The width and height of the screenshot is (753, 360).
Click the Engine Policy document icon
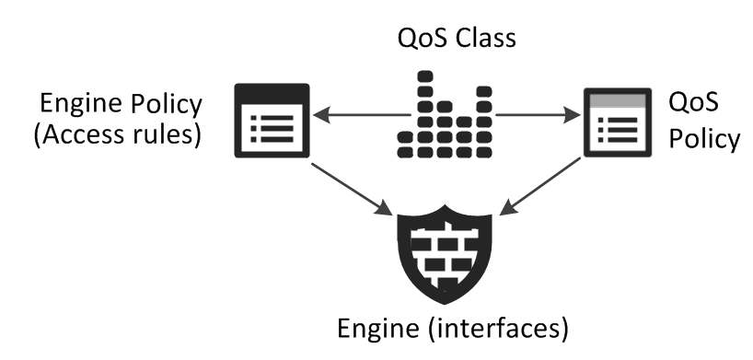(272, 121)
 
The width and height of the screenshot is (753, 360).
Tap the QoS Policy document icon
(618, 122)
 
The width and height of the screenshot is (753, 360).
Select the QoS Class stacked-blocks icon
(445, 114)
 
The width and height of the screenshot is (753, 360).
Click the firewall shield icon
(445, 254)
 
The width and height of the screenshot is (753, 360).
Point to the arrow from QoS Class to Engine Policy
(361, 115)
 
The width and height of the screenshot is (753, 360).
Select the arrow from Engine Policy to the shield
(352, 190)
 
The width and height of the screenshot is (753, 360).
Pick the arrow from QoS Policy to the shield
(540, 187)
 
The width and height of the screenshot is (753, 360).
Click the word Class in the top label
(485, 38)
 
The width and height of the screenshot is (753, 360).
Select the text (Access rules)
(117, 135)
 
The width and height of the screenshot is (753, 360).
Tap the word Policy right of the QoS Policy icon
(704, 140)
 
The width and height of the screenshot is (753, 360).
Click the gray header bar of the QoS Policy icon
(618, 100)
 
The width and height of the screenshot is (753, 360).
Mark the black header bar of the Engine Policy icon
(272, 92)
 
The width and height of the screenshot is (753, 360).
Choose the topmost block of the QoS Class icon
(425, 76)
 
